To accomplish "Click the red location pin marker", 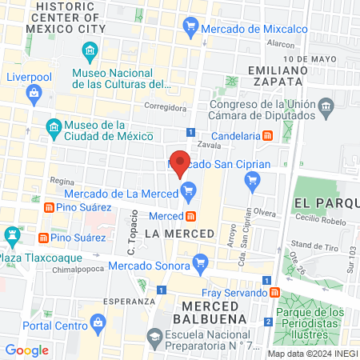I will pos(180,162).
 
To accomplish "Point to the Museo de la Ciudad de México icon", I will pos(54,128).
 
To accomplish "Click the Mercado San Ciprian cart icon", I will pos(253,181).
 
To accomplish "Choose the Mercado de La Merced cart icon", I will pos(189,190).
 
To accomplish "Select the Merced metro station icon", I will pos(191,216).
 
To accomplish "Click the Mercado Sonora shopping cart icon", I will pos(201,261).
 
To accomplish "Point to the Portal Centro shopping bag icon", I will pos(99,326).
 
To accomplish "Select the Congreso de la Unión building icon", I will pos(326,106).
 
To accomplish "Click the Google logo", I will pos(27,350).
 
